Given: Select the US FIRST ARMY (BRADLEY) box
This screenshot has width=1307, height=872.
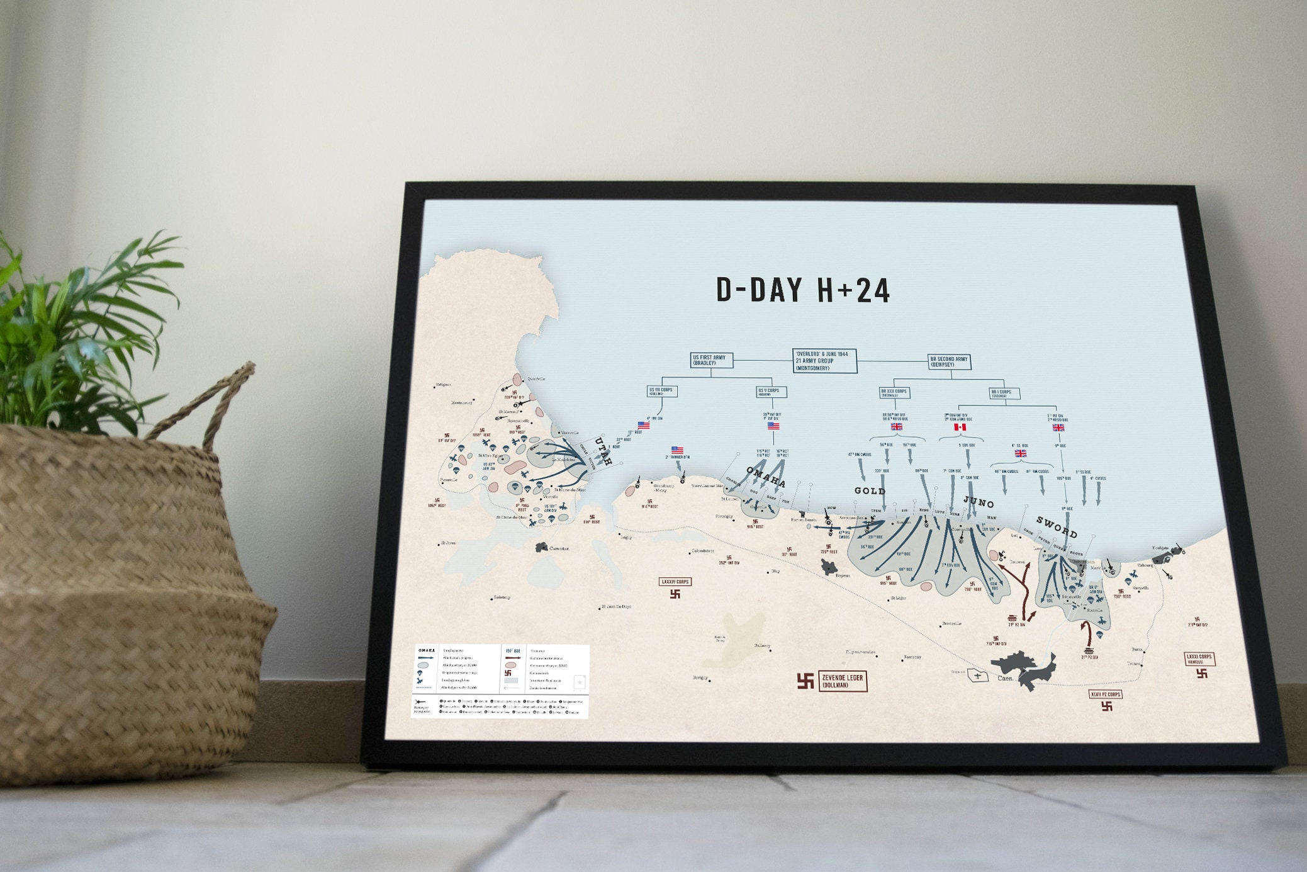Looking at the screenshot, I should pos(710,360).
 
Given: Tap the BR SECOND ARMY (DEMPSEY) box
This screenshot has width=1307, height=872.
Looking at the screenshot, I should pos(950,362).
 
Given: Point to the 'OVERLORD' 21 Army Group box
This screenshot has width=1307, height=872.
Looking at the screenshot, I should pos(824,361).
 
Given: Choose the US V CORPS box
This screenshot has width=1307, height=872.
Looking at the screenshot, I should pos(771,391).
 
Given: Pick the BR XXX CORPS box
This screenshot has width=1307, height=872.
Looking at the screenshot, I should pos(894,392).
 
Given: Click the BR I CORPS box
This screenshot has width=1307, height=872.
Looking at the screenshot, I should pos(1004,394).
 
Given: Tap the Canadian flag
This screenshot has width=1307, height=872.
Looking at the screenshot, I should pos(960,428).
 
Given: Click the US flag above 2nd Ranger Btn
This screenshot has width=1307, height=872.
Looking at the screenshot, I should pos(677,450).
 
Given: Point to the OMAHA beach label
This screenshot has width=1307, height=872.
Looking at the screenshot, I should pos(766,477).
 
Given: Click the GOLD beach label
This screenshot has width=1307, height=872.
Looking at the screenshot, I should pos(870,491).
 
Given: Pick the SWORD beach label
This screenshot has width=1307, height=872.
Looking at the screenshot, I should pos(1057,527).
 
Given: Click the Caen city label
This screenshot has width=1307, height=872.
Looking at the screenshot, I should pos(1006,678).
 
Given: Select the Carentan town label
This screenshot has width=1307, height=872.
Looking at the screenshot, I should pos(559,548).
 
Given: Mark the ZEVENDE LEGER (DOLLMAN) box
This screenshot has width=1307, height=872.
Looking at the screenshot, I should pos(843,681).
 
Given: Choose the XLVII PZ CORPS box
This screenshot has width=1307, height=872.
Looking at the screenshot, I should pos(1106,694).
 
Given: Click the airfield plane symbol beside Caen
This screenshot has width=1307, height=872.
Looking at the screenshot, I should pos(977,676).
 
